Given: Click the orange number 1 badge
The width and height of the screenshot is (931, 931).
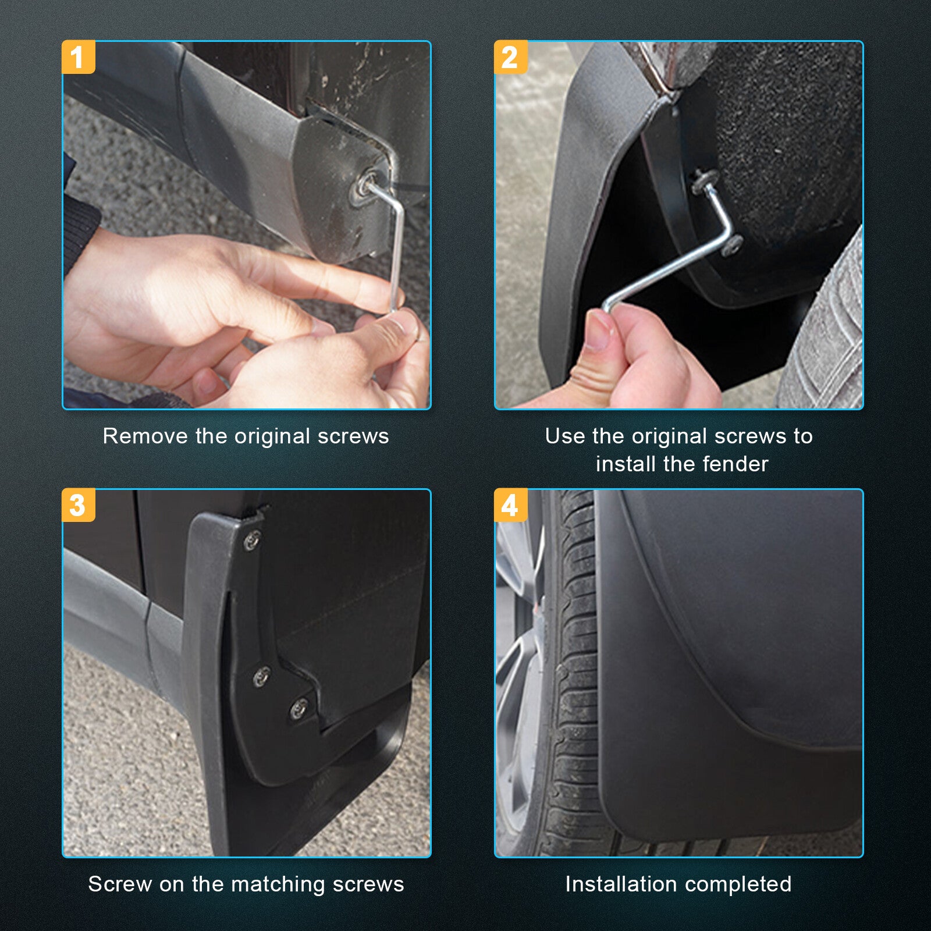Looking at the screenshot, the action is pyautogui.click(x=78, y=57).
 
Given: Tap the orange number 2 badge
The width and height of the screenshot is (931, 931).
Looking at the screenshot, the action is pyautogui.click(x=510, y=57).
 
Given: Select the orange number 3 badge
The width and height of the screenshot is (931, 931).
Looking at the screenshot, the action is pyautogui.click(x=78, y=504).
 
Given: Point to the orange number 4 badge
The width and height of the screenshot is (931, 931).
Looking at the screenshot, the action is pyautogui.click(x=510, y=504).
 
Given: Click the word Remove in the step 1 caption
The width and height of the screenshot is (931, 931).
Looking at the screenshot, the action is pyautogui.click(x=146, y=436).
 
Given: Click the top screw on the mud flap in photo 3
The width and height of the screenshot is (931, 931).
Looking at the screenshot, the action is pyautogui.click(x=252, y=541).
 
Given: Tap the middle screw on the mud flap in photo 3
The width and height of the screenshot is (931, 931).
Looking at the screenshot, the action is pyautogui.click(x=261, y=676).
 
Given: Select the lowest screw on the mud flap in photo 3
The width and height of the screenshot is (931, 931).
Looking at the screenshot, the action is pyautogui.click(x=299, y=709).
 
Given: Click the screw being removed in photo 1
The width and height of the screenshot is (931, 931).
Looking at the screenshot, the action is pyautogui.click(x=368, y=184).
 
